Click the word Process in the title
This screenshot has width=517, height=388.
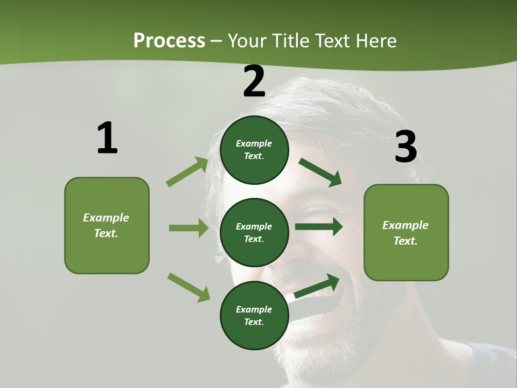[169, 41]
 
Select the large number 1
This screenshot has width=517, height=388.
[107, 138]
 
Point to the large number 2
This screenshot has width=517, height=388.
[254, 81]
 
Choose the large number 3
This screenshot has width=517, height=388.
[406, 147]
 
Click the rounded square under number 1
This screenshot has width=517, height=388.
[107, 225]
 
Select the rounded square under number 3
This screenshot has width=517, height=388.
[406, 232]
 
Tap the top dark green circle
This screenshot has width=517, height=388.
[254, 150]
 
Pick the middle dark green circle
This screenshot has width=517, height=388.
[254, 233]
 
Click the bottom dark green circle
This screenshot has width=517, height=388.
[254, 316]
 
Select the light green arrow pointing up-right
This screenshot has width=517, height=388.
[187, 172]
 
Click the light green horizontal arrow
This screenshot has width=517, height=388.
[188, 228]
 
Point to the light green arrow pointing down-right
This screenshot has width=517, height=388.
[188, 287]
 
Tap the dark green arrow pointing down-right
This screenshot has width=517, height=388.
[320, 172]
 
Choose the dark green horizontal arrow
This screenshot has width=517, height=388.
[319, 227]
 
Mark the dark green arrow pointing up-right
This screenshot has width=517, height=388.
[317, 286]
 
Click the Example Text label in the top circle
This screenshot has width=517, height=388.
[254, 150]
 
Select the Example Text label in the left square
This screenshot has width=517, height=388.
[106, 225]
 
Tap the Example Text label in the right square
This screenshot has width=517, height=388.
[406, 233]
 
